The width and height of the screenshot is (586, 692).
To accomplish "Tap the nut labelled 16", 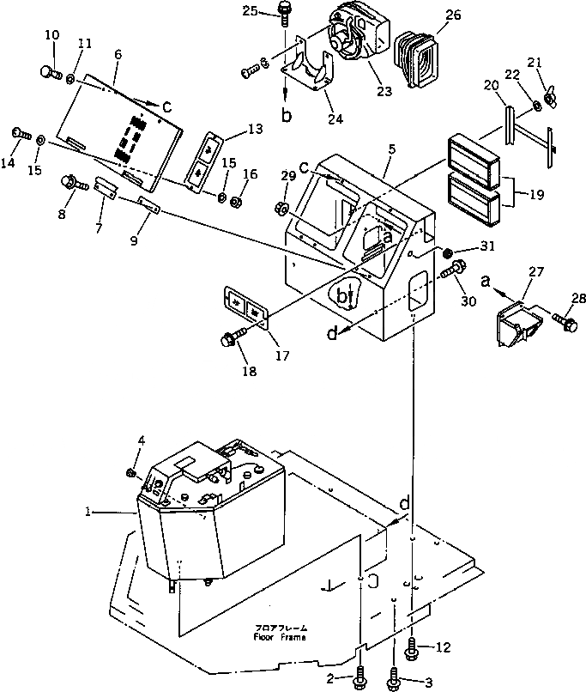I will click(238, 202).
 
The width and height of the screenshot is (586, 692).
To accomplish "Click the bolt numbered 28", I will click(565, 322).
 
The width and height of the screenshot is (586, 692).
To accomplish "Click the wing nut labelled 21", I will click(552, 100).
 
